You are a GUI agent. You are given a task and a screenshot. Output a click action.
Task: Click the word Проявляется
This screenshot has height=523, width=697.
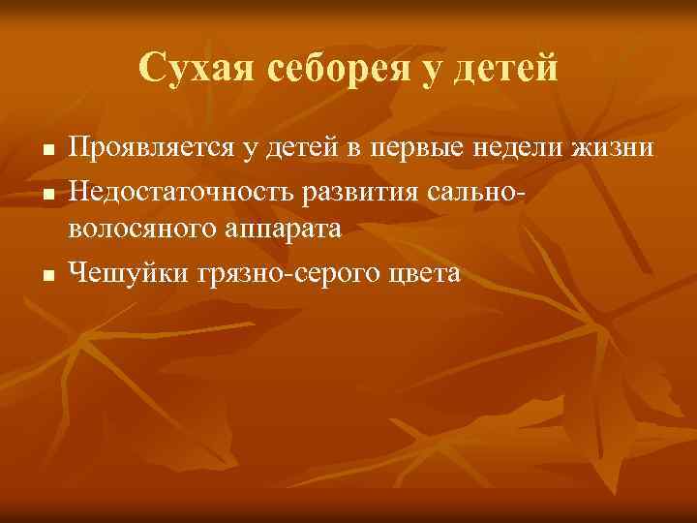click(147, 148)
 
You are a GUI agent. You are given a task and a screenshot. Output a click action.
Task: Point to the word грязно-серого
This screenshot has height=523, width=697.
click(294, 274)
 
